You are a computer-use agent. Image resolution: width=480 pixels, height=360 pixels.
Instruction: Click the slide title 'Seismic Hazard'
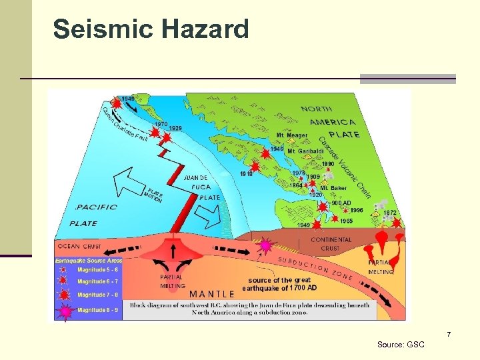tap(151, 29)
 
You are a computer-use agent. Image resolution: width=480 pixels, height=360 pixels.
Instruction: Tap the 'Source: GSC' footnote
tap(401, 345)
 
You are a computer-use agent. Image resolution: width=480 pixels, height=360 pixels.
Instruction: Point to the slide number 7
tap(449, 333)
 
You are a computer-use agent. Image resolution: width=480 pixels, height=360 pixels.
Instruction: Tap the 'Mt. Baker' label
tap(333, 188)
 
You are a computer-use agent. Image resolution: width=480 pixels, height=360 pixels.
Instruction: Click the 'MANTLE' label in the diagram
tap(212, 293)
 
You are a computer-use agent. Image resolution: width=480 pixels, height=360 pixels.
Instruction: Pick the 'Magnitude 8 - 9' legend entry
tap(97, 309)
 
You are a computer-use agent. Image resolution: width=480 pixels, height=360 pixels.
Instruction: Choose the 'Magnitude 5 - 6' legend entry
tap(97, 270)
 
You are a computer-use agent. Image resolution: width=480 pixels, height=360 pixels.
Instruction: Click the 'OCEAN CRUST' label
tap(79, 245)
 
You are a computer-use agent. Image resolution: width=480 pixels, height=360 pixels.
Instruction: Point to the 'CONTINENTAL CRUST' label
tap(331, 244)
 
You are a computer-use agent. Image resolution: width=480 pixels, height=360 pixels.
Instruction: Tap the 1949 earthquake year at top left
tap(127, 99)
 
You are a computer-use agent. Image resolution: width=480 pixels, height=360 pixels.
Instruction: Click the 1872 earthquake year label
tap(390, 213)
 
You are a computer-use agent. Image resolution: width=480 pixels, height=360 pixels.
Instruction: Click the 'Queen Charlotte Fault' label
tap(125, 124)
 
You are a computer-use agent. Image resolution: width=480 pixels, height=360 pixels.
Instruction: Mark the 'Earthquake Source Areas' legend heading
tap(89, 261)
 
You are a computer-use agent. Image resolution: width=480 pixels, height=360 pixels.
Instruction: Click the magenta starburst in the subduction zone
tap(265, 246)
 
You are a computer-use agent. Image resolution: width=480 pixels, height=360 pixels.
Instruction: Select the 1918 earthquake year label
tap(247, 174)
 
